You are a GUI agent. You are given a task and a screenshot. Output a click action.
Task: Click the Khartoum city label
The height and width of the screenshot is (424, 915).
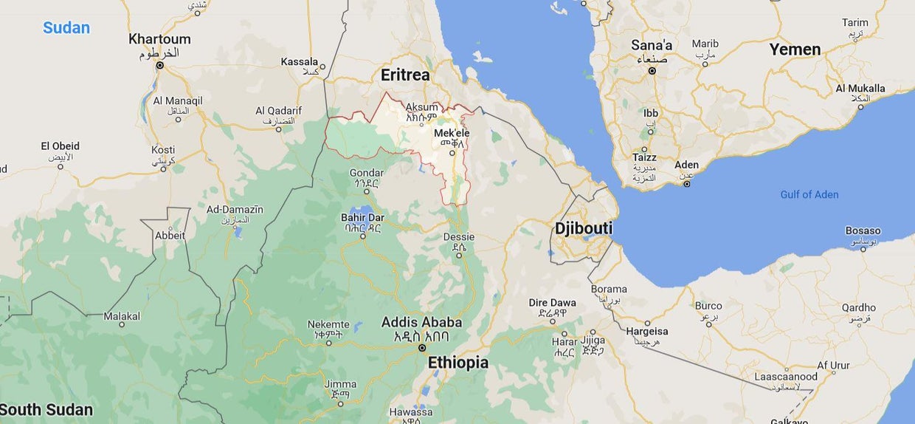click(x=159, y=39)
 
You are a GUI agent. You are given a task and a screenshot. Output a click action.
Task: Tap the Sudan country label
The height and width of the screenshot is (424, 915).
click(x=66, y=28)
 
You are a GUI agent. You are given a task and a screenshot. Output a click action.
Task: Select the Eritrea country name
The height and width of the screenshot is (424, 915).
click(x=405, y=75)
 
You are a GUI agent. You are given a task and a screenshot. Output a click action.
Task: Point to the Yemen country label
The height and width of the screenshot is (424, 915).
click(x=795, y=49)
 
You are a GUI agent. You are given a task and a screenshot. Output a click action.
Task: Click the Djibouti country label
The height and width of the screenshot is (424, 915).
click(x=584, y=228)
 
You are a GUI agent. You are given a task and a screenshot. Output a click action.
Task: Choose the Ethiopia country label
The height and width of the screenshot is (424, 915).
click(x=457, y=363)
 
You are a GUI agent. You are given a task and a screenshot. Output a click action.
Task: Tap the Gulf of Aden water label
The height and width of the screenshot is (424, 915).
click(x=809, y=194)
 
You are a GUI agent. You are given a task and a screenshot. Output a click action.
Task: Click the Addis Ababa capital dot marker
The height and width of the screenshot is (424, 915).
click(x=422, y=347)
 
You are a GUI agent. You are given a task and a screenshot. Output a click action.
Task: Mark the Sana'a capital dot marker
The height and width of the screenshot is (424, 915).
click(x=652, y=71)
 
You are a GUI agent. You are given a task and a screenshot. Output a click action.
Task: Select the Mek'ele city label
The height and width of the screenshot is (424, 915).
click(x=452, y=133)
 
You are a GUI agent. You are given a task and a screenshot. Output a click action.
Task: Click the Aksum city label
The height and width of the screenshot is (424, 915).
click(x=421, y=107)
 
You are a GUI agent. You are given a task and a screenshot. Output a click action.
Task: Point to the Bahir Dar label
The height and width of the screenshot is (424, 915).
click(x=362, y=217)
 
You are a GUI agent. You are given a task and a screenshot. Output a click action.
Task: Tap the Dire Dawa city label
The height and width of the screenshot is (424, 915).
click(x=552, y=303)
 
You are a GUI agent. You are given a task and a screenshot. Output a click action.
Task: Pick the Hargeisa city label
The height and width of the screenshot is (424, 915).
click(x=646, y=332)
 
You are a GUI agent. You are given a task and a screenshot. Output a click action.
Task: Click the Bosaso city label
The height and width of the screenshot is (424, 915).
click(x=863, y=230)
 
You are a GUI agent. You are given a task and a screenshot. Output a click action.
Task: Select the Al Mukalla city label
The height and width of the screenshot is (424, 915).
click(x=860, y=89)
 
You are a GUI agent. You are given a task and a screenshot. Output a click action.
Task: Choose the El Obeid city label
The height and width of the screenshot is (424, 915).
click(x=60, y=146)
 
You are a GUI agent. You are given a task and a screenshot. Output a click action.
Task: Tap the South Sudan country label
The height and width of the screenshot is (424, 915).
click(x=46, y=410)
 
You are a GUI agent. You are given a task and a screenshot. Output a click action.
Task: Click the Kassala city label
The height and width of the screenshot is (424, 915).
click(x=299, y=61)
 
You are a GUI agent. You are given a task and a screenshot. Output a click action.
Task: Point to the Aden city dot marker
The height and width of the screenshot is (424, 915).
click(x=687, y=183)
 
